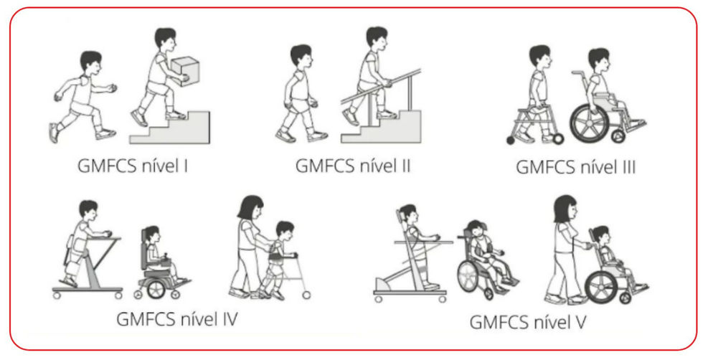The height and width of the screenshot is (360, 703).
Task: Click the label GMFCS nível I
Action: coord(133,166)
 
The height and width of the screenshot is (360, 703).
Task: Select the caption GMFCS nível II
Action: coord(353,166)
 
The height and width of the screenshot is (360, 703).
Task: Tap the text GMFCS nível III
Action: coord(575,167)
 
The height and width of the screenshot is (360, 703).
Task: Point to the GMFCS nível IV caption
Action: coord(177,320)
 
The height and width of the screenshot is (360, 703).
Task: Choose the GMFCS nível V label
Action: coord(528,322)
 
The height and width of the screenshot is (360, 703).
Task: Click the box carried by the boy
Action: coord(185,70)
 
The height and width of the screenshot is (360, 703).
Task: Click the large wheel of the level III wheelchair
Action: coord(589,123)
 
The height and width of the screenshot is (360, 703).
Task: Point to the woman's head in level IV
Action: coord(250,207)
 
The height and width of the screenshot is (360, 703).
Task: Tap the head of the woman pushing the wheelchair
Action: coord(566,207)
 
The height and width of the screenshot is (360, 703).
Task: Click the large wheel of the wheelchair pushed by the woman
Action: coord(602,286)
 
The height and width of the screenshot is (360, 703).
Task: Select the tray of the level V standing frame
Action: coord(423,242)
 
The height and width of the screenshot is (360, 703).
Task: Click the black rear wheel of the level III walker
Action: coord(511,141)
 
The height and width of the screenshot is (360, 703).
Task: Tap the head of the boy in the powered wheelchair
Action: coord(151,234)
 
